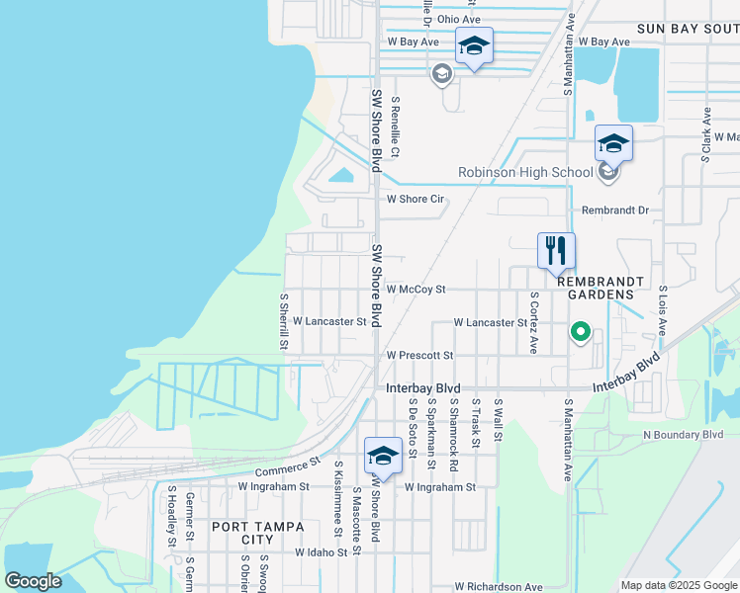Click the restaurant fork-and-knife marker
pos(556,250)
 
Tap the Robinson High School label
pos(524,173)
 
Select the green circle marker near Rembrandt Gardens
pos(582,333)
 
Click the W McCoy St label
pos(416,290)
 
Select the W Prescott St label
pos(418,355)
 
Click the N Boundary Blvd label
pos(683,434)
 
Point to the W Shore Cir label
pos(415,199)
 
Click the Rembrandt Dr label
pos(614,211)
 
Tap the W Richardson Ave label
pos(492,587)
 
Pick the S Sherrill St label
pos(283,320)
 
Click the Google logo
pos(33,581)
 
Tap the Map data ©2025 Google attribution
pos(678,585)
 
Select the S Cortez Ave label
pos(533,322)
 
